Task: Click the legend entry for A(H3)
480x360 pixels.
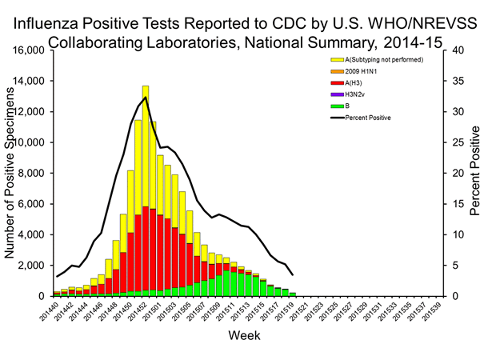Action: coord(356,82)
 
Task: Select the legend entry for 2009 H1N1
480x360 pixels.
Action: coord(362,71)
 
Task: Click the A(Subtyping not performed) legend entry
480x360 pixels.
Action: coord(382,59)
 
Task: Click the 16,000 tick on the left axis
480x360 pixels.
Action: coord(30,50)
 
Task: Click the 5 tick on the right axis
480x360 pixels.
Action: coord(449,266)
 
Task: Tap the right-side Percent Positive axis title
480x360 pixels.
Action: coord(473,174)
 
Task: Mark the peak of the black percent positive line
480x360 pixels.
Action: coord(145,98)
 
